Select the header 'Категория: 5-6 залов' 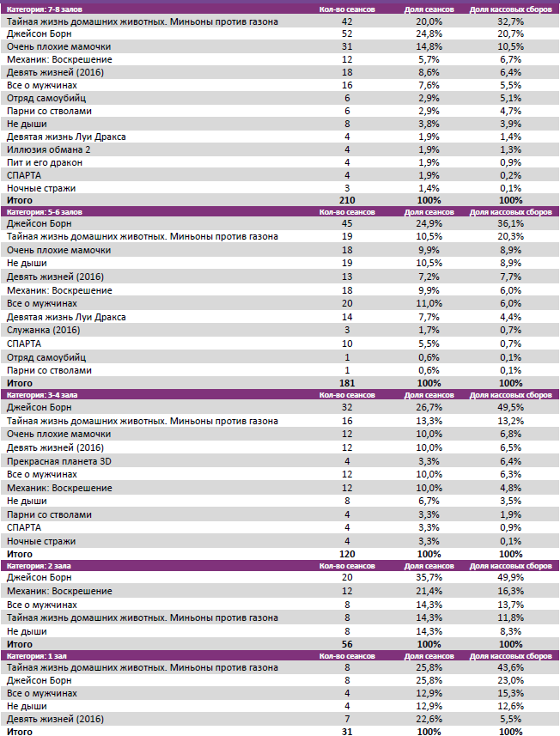tap(44, 210)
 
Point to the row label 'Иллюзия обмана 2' tap(48, 149)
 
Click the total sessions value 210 tap(347, 200)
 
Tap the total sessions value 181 tap(347, 383)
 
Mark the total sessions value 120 tap(347, 555)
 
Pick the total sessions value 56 tap(347, 643)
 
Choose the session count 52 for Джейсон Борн tap(347, 33)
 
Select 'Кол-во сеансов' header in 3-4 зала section tap(347, 395)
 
